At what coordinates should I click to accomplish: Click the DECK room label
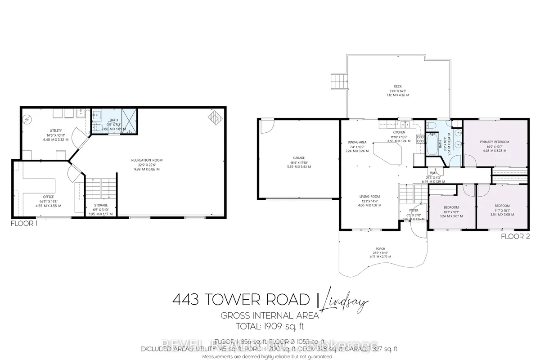397,86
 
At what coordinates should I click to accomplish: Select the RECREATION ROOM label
147,160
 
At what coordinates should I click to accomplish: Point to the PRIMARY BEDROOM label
494,142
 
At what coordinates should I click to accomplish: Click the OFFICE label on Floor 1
48,197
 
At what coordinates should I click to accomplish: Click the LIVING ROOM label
369,196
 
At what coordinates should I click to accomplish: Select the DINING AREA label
357,142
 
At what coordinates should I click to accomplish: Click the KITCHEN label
399,132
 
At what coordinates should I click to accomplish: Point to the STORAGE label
101,205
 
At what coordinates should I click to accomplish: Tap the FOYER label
414,210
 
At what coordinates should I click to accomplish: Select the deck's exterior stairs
338,81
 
